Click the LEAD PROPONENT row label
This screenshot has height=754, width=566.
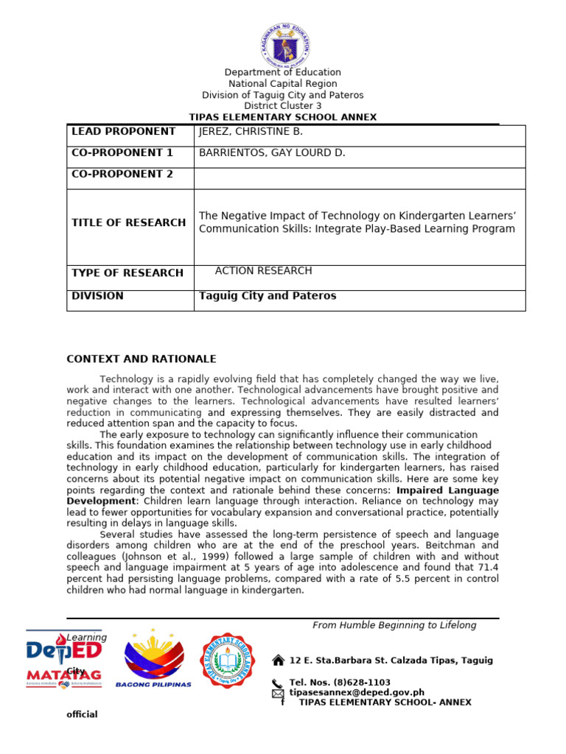[x=122, y=132]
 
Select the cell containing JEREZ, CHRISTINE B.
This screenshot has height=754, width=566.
[x=251, y=132]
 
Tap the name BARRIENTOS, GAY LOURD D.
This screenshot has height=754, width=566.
[x=272, y=153]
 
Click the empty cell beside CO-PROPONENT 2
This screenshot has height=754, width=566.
[x=360, y=178]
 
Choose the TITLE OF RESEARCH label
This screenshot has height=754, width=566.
[x=128, y=222]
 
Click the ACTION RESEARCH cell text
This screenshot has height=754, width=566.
[x=263, y=271]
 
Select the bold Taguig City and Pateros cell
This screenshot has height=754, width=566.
[x=268, y=296]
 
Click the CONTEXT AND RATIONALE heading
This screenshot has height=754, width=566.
[x=141, y=359]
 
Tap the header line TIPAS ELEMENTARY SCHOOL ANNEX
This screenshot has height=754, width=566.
[x=282, y=117]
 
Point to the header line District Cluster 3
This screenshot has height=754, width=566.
[x=282, y=106]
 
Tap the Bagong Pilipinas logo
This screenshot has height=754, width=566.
[x=153, y=658]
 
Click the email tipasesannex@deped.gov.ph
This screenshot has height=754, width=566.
[x=357, y=692]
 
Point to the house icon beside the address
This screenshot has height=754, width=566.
[x=278, y=660]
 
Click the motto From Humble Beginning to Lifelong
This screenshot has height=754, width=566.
[x=394, y=625]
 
